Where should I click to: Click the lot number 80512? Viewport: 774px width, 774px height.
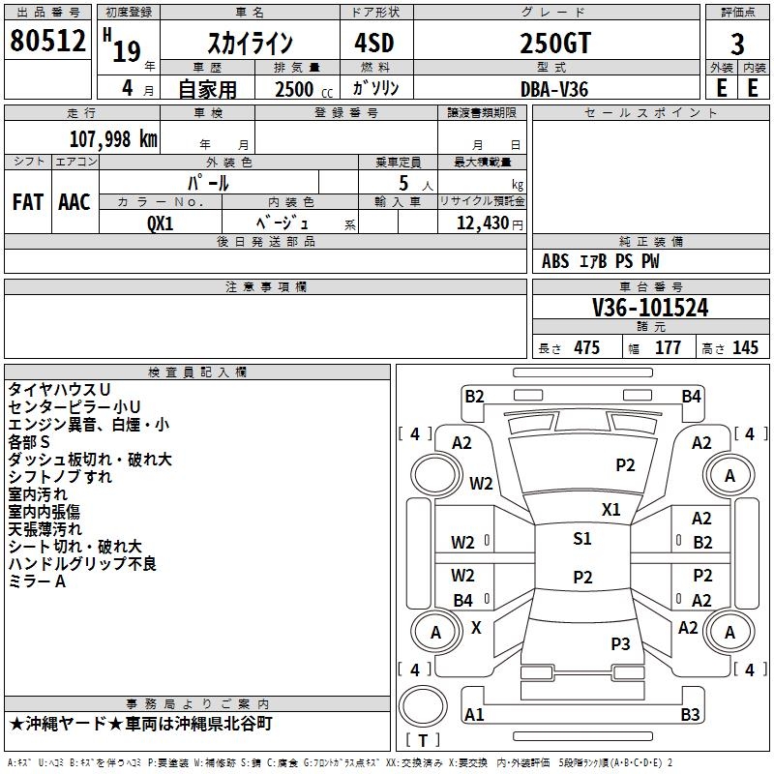[x=47, y=40]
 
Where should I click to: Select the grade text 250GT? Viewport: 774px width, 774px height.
[x=555, y=43]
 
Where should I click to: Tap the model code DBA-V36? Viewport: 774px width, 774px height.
[x=554, y=89]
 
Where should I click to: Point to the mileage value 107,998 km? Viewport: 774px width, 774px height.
[x=113, y=139]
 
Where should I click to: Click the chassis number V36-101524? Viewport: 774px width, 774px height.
[x=650, y=308]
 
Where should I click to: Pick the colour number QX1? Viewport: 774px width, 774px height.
[x=161, y=223]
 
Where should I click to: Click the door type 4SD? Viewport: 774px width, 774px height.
[x=374, y=43]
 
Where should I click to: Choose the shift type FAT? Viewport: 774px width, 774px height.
[x=28, y=202]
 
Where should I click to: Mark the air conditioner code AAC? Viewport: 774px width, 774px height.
[x=74, y=202]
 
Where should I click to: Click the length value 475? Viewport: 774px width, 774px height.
[x=587, y=347]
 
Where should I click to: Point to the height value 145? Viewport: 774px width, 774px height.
[x=745, y=347]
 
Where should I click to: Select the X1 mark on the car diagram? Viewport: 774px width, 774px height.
[x=611, y=509]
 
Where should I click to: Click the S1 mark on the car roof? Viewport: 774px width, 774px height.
[x=582, y=538]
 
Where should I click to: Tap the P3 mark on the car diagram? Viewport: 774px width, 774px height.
[x=620, y=643]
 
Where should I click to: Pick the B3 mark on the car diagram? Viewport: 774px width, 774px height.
[x=690, y=714]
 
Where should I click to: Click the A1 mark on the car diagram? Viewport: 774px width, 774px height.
[x=474, y=714]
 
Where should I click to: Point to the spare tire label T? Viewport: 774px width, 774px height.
[x=423, y=740]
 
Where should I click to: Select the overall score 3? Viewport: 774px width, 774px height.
[x=737, y=45]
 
